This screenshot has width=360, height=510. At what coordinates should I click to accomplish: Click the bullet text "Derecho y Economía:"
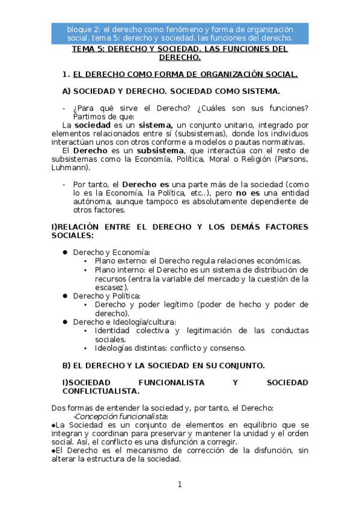point(111,252)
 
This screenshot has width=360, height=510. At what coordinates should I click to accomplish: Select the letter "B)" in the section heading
point(67,365)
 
